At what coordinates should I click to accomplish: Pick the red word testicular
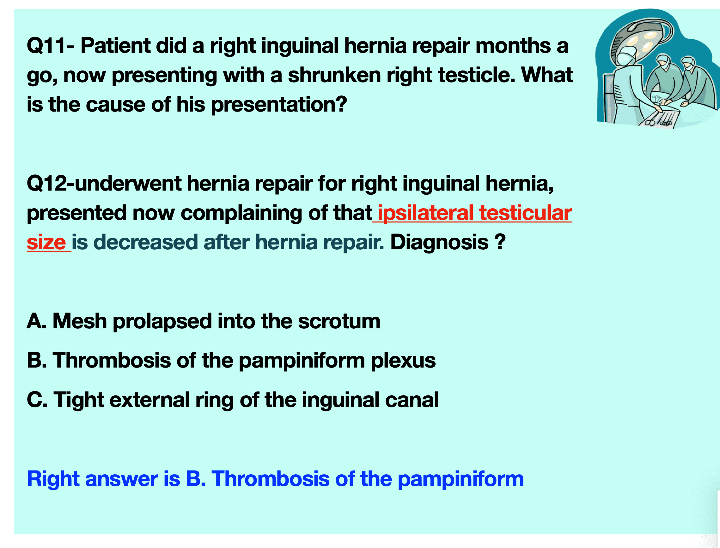(525, 213)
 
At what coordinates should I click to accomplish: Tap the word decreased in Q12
(148, 242)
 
